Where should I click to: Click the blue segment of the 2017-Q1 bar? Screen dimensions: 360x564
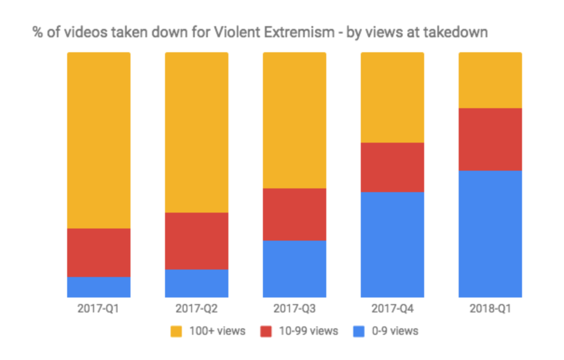98,287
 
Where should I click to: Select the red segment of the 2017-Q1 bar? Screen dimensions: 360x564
98,252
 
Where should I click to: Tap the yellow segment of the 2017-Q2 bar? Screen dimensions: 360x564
196,132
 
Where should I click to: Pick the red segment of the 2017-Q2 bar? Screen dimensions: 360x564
196,241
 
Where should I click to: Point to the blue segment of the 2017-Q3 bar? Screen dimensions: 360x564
294,269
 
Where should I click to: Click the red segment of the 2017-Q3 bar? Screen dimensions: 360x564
294,214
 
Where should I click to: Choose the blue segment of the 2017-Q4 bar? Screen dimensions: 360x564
392,244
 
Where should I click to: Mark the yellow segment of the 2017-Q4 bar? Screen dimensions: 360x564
392,97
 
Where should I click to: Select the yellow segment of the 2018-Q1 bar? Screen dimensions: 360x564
490,80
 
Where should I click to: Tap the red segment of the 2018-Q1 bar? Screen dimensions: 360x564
490,139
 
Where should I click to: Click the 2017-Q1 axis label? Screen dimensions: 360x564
98,309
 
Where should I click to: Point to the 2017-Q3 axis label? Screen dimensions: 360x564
294,309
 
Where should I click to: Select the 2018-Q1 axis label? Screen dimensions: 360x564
490,309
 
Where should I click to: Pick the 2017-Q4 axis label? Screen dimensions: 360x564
392,309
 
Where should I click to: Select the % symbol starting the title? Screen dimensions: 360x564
37,33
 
